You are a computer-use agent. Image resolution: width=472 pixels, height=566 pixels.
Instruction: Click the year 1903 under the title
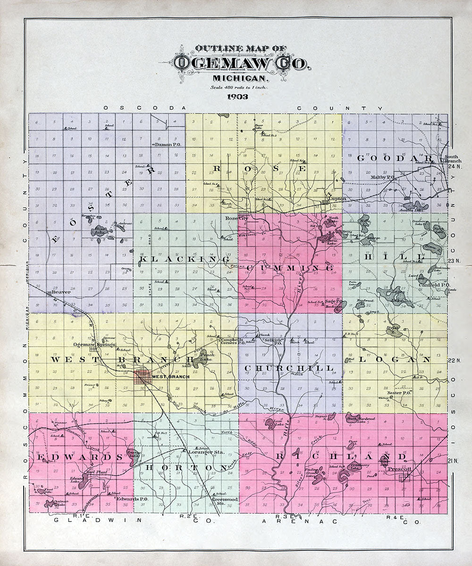point(241,98)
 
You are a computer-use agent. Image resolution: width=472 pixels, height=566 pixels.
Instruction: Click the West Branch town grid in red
point(143,376)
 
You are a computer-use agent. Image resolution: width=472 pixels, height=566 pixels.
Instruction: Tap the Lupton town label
point(337,199)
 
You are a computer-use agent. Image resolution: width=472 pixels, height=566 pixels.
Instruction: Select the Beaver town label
point(61,292)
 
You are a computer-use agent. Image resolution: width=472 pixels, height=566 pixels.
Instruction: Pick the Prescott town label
point(399,469)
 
